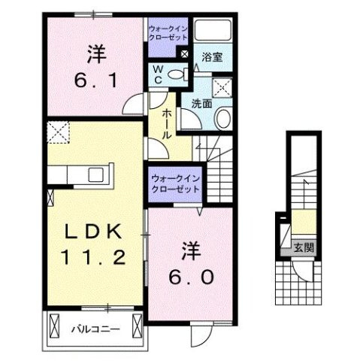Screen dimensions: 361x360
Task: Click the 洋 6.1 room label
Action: click(x=94, y=65)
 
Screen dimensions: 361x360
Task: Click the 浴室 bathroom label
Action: click(x=212, y=56)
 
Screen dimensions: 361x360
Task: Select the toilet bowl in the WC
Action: click(x=177, y=74)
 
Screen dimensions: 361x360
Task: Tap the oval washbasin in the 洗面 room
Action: click(x=224, y=118)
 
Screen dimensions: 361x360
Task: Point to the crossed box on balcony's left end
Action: click(x=53, y=327)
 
